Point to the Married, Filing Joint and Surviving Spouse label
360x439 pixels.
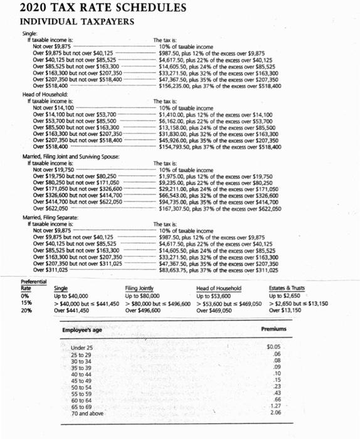click(x=71, y=156)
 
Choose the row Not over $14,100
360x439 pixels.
click(x=53, y=108)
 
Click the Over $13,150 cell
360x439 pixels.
click(x=286, y=310)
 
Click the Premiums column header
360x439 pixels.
click(x=274, y=329)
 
